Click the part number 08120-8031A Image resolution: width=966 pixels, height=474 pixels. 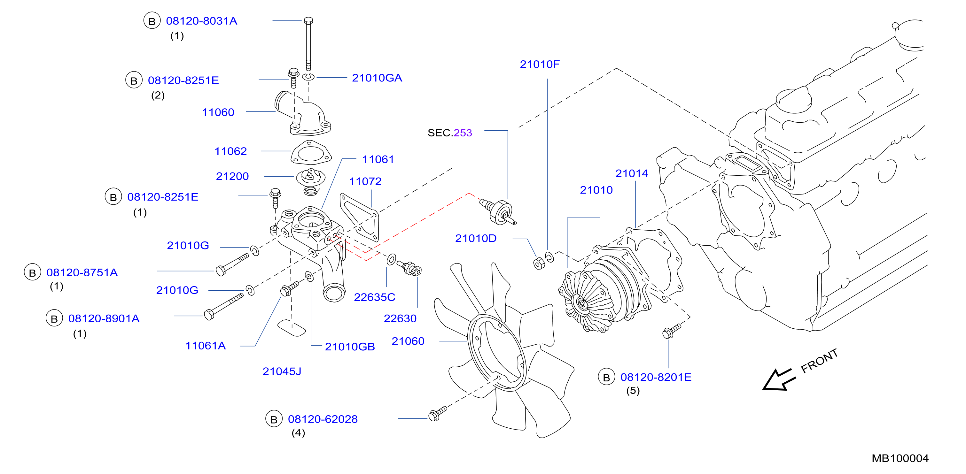[x=201, y=21]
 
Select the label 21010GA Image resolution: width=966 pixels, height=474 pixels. [x=377, y=78]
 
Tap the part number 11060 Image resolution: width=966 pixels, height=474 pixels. [x=218, y=112]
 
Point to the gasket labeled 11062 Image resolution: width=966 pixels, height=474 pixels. [x=311, y=152]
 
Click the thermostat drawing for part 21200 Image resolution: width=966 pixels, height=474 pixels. [x=310, y=182]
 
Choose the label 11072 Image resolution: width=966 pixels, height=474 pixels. [x=365, y=182]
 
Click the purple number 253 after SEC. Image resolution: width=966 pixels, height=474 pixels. [x=463, y=133]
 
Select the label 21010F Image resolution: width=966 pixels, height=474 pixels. [x=540, y=65]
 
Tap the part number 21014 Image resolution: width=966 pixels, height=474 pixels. [x=632, y=173]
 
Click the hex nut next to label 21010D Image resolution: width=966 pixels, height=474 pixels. [x=539, y=264]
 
